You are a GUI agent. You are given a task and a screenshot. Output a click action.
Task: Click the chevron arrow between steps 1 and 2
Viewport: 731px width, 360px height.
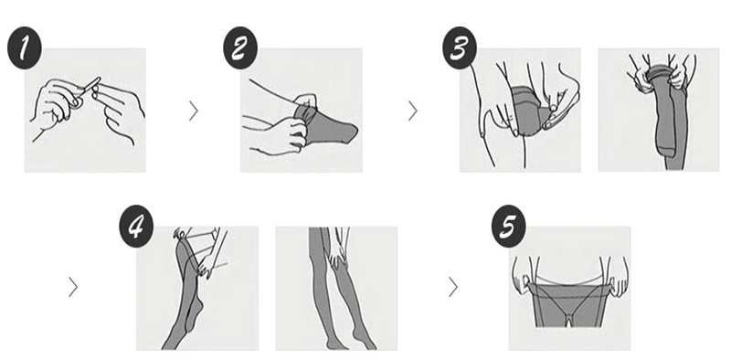[193, 111]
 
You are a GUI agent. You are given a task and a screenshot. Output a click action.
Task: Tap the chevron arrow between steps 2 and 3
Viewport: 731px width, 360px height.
[412, 111]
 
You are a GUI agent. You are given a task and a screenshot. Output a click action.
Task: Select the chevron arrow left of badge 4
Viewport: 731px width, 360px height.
[73, 287]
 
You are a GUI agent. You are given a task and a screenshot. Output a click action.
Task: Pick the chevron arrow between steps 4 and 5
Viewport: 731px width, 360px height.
[453, 287]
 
